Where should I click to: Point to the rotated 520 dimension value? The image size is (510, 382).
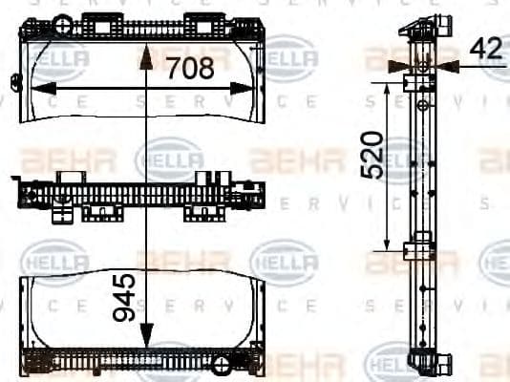point(372,156)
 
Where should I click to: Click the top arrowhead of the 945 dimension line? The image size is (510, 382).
point(145,57)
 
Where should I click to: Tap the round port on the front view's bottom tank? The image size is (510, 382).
point(222,364)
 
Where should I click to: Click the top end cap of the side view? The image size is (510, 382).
point(425,25)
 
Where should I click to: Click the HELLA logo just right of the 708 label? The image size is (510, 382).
point(290,59)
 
